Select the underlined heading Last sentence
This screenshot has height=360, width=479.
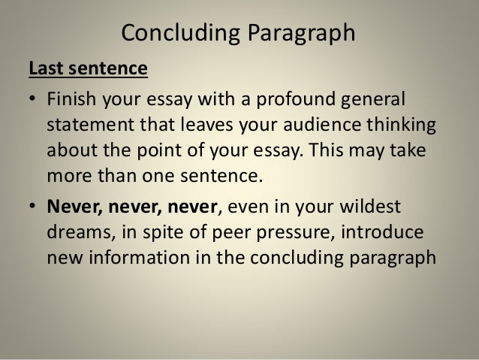(x=88, y=70)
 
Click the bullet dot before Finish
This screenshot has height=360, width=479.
(x=32, y=99)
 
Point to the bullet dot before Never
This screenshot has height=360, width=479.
(x=32, y=205)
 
